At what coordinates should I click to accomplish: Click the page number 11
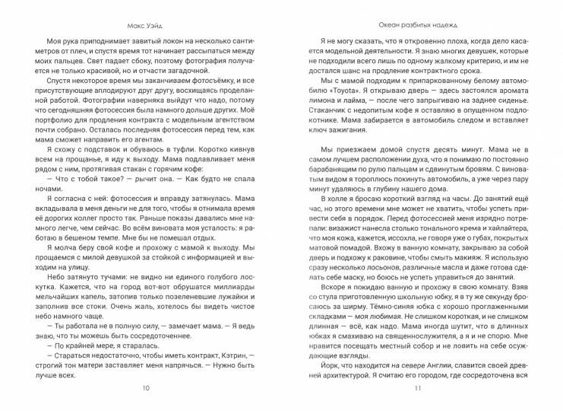click(x=416, y=388)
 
